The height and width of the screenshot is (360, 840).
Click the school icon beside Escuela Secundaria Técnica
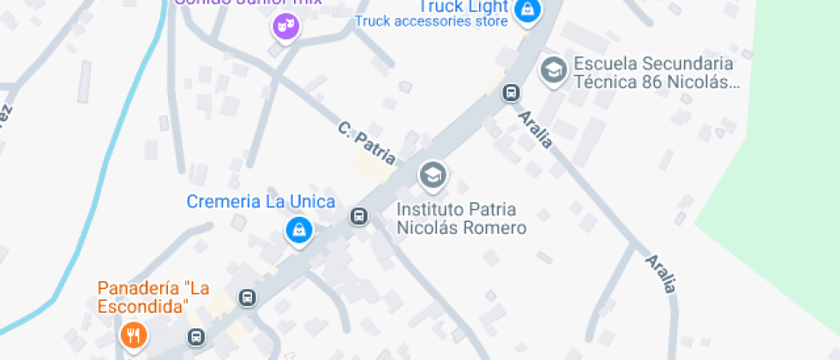[554, 70]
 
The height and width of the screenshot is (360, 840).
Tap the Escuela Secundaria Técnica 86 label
[656, 73]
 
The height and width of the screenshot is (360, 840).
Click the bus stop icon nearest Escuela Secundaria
[511, 92]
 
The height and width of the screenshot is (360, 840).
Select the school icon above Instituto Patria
[433, 176]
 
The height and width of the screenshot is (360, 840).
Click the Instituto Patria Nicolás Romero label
[460, 219]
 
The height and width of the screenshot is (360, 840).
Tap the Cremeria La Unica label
[261, 201]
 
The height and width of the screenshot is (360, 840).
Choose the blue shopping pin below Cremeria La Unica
[298, 230]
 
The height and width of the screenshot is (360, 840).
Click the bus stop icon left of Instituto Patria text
[359, 217]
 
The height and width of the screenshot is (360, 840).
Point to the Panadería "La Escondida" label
[153, 297]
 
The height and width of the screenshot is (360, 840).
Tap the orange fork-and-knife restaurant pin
[133, 335]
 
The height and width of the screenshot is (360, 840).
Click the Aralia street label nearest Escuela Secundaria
[536, 128]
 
